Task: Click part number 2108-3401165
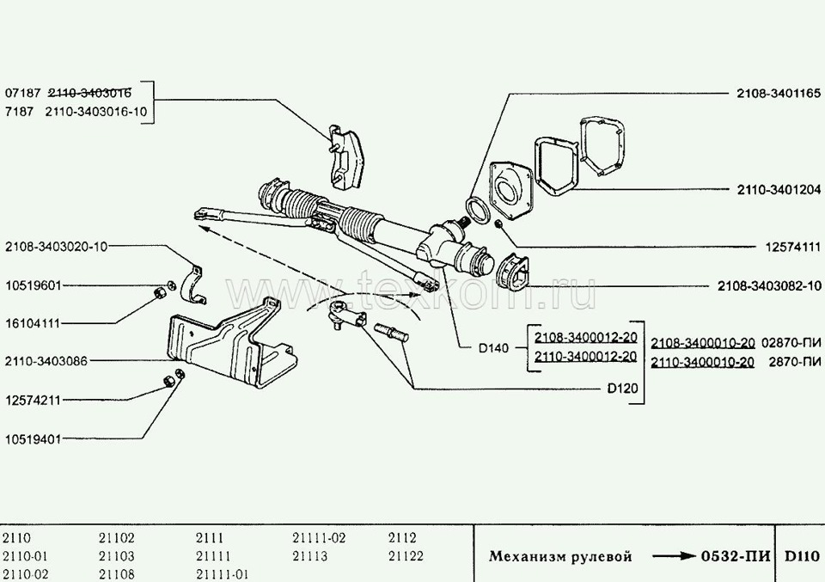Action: point(779,94)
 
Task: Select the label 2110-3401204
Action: point(779,190)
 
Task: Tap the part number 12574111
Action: point(793,247)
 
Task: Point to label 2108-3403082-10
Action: point(769,285)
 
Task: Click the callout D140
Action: point(493,348)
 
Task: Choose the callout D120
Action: point(622,389)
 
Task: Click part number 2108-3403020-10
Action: point(57,247)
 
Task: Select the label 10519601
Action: point(33,285)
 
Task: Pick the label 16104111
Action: point(33,323)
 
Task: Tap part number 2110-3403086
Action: point(46,361)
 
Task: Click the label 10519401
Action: point(33,439)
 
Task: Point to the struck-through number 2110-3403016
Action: point(89,93)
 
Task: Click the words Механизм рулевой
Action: point(559,556)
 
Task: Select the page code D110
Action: point(802,556)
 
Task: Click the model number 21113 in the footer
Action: point(310,556)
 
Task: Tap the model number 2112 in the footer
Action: point(402,538)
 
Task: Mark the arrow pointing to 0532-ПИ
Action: point(674,556)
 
